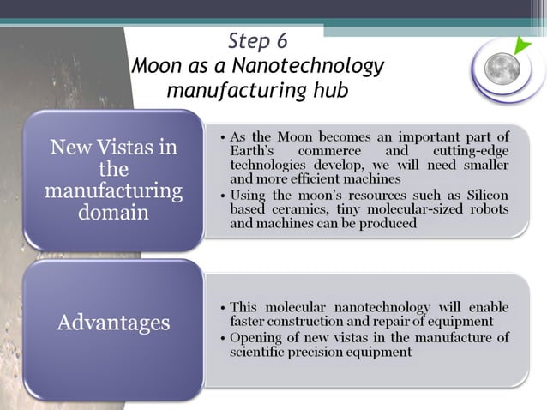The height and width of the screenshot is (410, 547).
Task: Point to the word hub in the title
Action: (330, 90)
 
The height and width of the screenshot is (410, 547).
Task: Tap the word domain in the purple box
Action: (114, 212)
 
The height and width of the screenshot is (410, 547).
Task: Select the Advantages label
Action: (114, 323)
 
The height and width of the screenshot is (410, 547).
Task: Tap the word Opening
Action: (257, 336)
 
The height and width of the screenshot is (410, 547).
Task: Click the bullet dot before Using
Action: (223, 195)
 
